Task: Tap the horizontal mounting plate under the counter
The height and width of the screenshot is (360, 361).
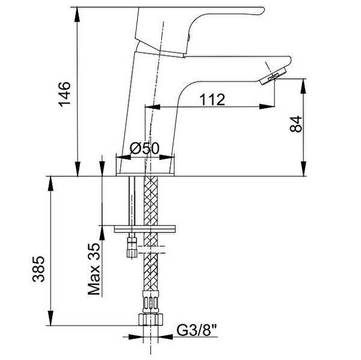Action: pyautogui.click(x=145, y=228)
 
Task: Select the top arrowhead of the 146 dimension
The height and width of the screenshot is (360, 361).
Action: pyautogui.click(x=79, y=11)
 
